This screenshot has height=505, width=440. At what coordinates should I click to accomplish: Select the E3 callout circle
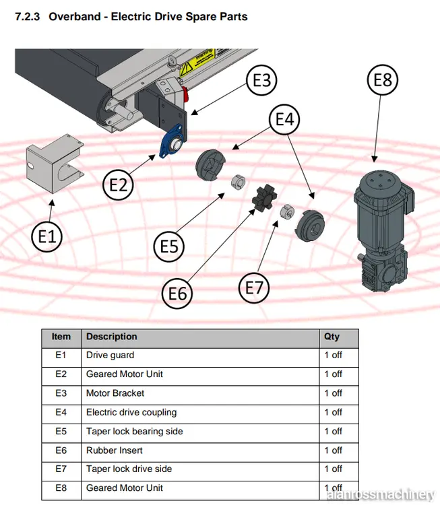tap(261, 81)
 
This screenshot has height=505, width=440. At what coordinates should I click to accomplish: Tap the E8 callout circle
tap(382, 80)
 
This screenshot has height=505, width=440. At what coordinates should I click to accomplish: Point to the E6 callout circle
tap(178, 293)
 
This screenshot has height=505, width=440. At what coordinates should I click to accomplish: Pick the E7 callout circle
tap(254, 288)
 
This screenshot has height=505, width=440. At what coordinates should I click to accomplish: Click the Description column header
tap(112, 337)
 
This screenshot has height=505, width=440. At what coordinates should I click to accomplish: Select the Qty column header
tap(332, 337)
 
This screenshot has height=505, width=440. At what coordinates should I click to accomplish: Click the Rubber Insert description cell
tap(115, 450)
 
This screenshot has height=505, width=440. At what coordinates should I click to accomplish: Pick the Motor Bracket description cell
tap(115, 393)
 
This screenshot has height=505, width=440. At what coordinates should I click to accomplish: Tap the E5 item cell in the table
tap(61, 431)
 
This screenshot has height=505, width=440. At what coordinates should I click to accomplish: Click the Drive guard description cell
tap(110, 355)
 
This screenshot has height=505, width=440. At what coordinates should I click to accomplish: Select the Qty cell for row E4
tap(333, 412)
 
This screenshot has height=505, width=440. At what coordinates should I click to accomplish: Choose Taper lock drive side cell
tap(129, 469)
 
